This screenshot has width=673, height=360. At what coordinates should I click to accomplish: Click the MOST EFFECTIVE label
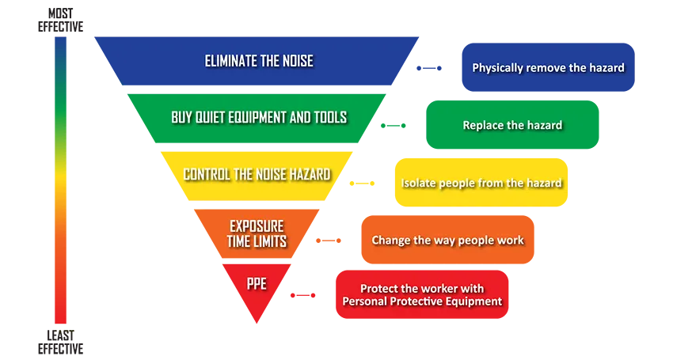[60, 20]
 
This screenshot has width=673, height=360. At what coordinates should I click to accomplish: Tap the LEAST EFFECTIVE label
[60, 342]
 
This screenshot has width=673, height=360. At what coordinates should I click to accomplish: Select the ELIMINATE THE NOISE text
[259, 61]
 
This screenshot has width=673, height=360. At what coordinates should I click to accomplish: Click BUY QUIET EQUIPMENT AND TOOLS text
[259, 117]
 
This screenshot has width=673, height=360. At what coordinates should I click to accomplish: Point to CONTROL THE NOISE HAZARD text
[257, 174]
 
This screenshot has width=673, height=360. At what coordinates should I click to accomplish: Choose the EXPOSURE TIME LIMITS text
[257, 234]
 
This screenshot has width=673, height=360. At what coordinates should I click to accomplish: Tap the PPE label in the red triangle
[257, 283]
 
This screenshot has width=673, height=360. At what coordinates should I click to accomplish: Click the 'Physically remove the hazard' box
[548, 67]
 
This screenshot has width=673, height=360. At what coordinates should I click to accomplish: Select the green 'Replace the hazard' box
[512, 125]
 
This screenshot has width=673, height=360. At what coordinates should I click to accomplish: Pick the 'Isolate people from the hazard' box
[481, 182]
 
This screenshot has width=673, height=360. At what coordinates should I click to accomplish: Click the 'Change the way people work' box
[447, 240]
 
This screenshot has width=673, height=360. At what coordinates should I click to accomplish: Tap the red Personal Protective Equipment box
[422, 294]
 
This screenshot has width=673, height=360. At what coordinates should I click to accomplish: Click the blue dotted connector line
[429, 68]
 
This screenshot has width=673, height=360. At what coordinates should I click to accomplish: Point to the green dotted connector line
[394, 126]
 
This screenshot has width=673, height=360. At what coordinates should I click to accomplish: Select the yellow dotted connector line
[363, 184]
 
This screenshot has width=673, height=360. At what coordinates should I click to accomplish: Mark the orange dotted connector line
[329, 241]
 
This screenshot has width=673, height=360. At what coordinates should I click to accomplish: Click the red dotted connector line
[303, 295]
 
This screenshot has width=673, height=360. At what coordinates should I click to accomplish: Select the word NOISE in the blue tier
[298, 61]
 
